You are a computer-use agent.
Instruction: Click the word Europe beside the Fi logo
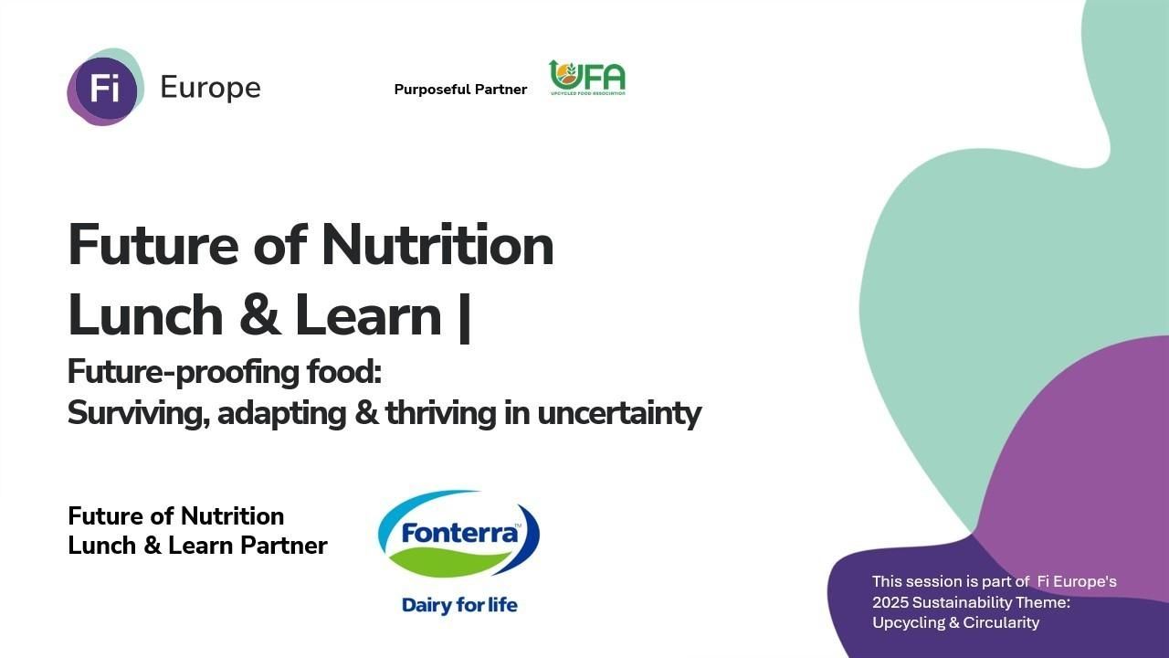(x=210, y=88)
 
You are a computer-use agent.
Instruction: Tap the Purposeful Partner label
(x=460, y=90)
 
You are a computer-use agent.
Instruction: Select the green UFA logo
(x=587, y=79)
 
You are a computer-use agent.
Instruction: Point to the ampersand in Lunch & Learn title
(x=259, y=316)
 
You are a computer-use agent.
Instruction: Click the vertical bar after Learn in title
(x=464, y=316)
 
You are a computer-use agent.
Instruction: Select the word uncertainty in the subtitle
(x=618, y=413)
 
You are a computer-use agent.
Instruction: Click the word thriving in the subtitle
(x=441, y=413)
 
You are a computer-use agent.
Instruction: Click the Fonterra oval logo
(x=459, y=534)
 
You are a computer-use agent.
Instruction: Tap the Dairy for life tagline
(x=459, y=605)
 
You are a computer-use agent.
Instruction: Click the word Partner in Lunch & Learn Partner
(x=284, y=546)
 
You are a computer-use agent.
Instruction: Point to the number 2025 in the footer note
(x=890, y=602)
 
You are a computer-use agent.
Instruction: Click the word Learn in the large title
(x=368, y=316)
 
